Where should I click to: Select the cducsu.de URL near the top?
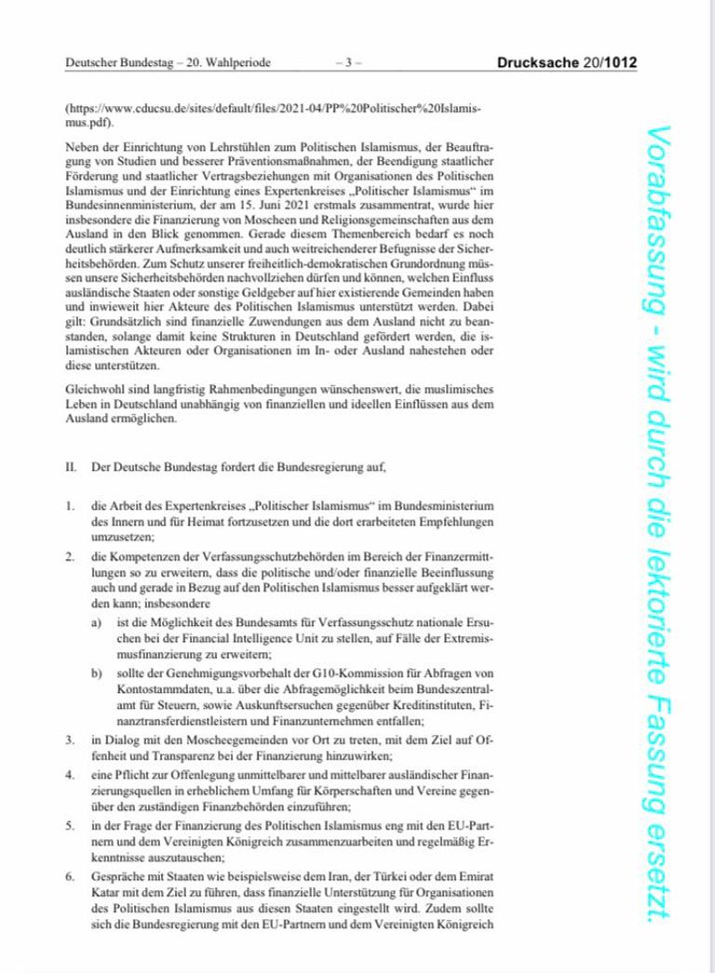[270, 109]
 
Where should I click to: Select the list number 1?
[69, 505]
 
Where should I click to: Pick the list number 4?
[69, 773]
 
